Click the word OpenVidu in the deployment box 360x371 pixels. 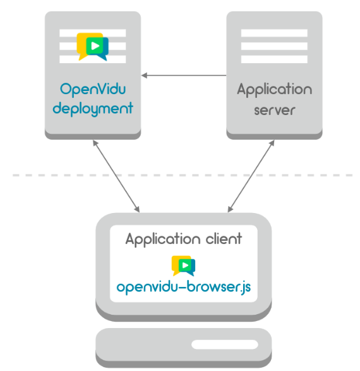pos(93,90)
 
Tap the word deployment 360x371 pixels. pos(93,109)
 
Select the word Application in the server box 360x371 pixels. pos(275,90)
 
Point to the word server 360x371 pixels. pos(275,110)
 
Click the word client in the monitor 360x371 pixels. pos(224,238)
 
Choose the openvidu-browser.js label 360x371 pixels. pos(184,287)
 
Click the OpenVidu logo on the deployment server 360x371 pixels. pos(93,47)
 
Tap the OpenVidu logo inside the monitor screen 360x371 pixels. pos(183,265)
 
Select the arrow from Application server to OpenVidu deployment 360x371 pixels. pos(184,75)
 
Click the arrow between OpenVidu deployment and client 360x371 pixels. pos(116,176)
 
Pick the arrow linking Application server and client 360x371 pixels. pos(251,176)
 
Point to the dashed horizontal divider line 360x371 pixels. pos(183,175)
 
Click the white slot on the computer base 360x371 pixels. pos(225,344)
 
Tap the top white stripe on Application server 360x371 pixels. pos(274,33)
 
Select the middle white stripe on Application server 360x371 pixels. pos(274,46)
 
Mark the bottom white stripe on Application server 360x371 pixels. pos(274,59)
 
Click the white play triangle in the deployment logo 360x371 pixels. pos(95,46)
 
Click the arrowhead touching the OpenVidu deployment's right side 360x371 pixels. pos(144,75)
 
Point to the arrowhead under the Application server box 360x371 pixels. pos(272,143)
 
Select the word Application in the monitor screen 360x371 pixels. pos(163,239)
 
